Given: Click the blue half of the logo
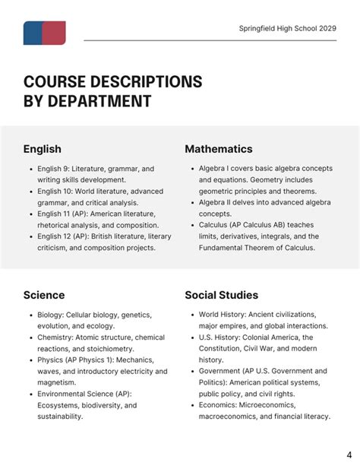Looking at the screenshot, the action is [32, 33].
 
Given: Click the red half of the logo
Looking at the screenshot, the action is [54, 33].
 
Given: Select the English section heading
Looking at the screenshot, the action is [42, 149].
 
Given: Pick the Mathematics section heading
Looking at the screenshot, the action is [219, 149].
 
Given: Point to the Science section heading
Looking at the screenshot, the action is [44, 295].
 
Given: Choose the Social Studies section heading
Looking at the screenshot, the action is [222, 295].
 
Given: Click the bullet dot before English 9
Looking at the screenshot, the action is [29, 169].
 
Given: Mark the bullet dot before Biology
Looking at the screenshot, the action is [29, 315].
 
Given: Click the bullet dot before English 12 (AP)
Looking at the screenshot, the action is [29, 236].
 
